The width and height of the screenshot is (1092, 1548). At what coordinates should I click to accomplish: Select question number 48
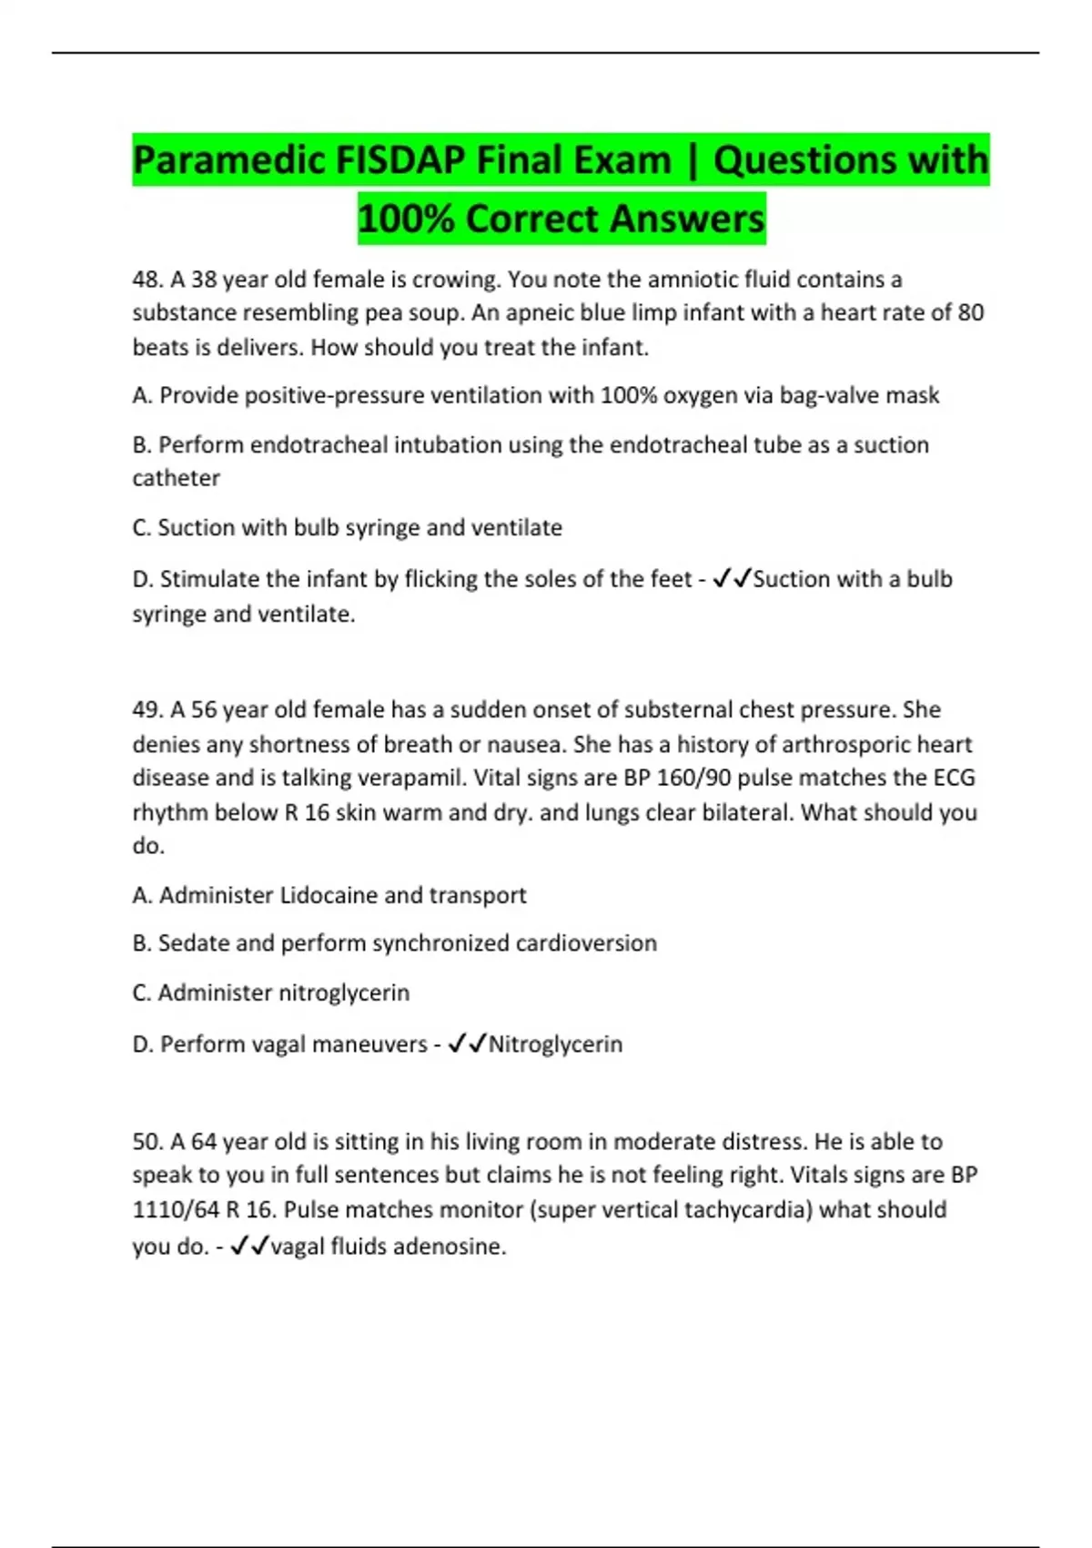click(x=147, y=279)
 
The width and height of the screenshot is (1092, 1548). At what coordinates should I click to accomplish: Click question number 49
click(x=147, y=709)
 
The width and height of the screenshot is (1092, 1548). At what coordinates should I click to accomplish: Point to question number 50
click(x=147, y=1141)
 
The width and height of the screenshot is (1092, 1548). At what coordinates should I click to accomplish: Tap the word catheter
click(x=176, y=478)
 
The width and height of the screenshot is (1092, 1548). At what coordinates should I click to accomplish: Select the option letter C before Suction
click(x=141, y=528)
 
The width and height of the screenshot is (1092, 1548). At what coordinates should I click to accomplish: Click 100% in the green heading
click(x=404, y=219)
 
